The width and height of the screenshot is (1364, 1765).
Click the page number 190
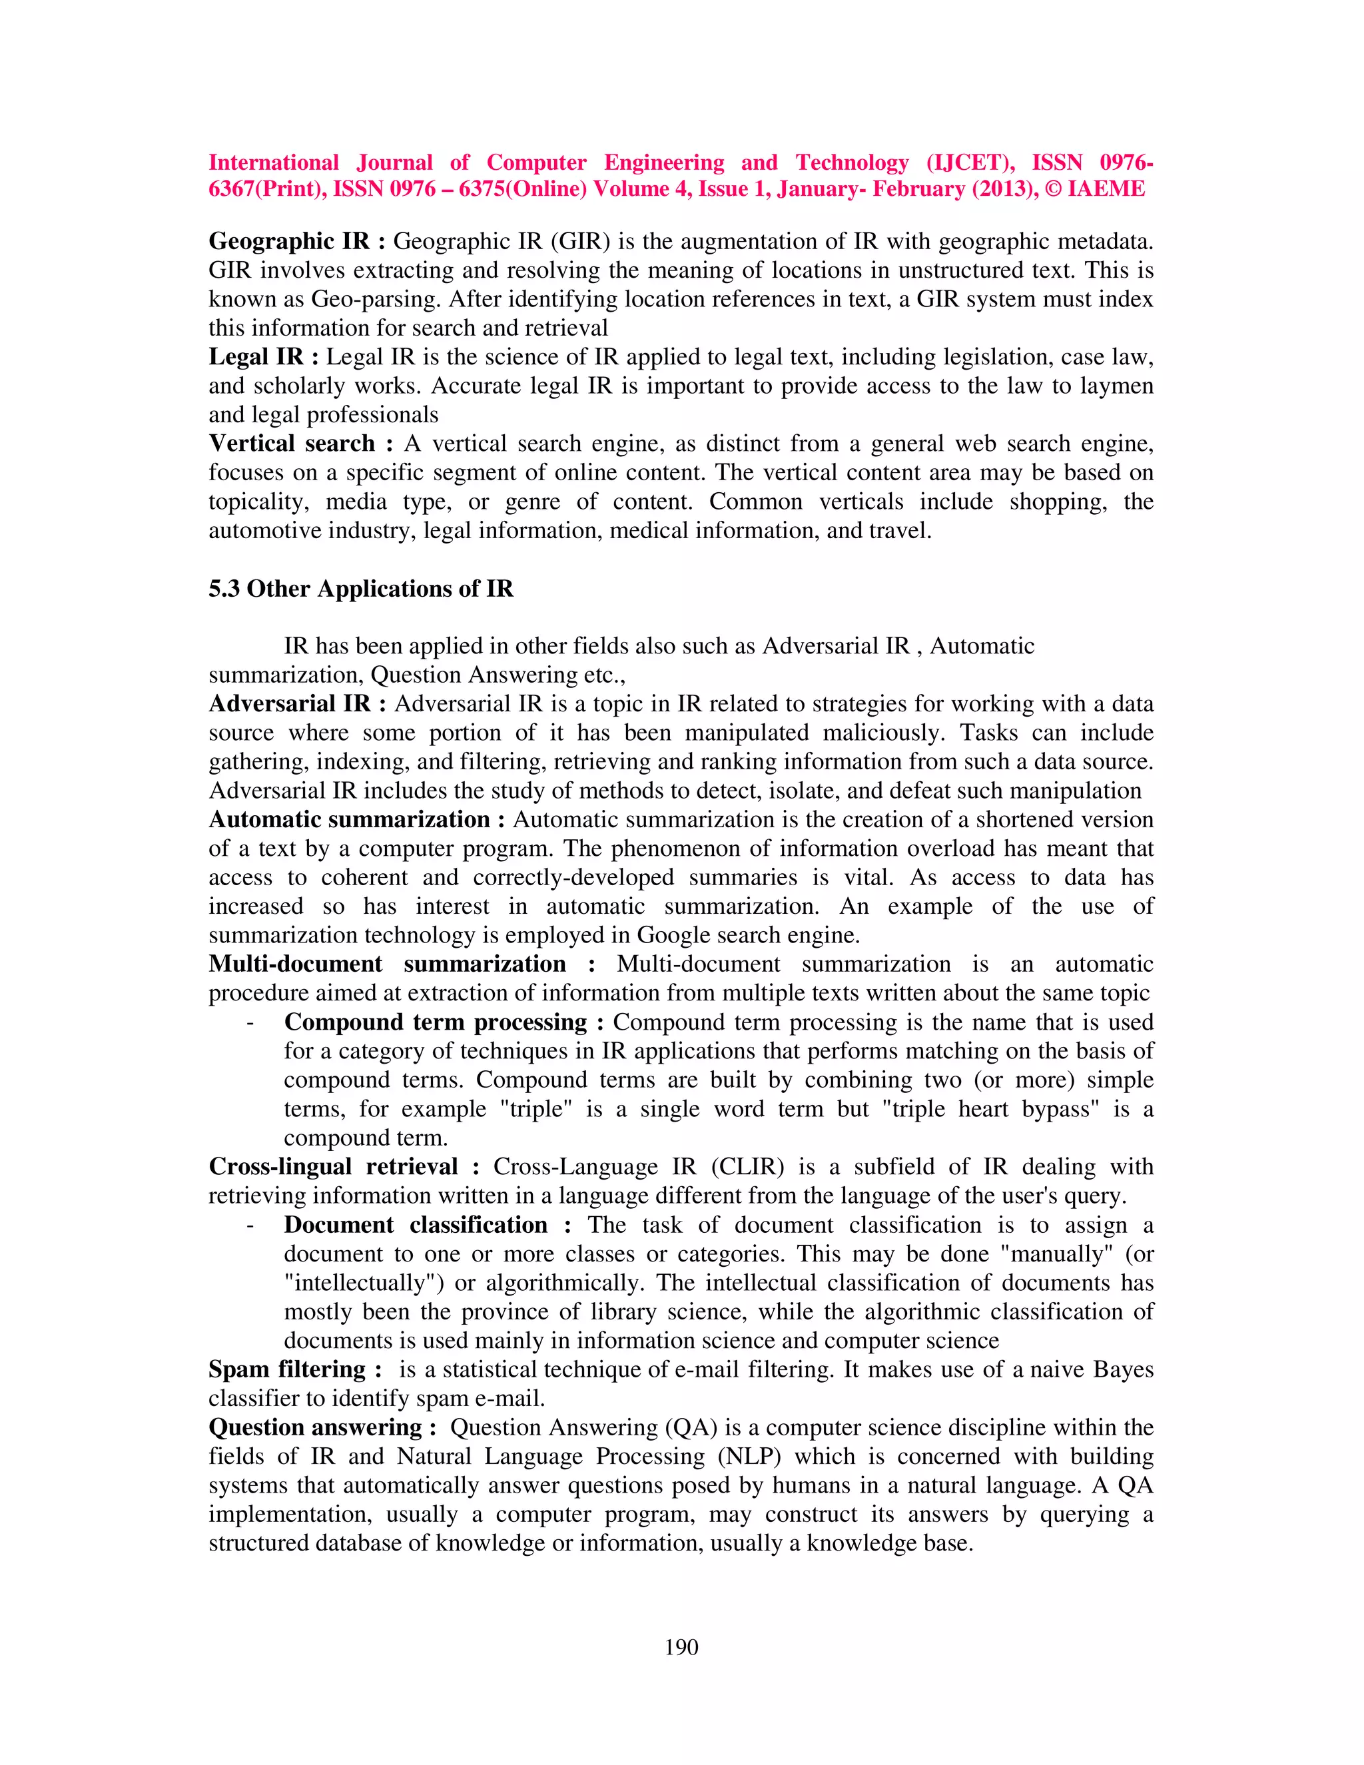(x=681, y=1647)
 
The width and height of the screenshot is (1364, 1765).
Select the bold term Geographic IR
(x=288, y=241)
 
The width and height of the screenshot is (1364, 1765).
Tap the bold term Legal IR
(x=255, y=356)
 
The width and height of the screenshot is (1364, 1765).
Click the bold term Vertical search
(x=292, y=444)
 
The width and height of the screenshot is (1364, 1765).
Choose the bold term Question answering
(x=315, y=1427)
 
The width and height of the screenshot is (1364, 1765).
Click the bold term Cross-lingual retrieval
(x=333, y=1167)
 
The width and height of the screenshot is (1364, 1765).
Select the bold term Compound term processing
(x=435, y=1022)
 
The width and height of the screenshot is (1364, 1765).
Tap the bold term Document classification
(x=416, y=1225)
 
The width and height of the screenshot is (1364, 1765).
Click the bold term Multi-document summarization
(x=387, y=964)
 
